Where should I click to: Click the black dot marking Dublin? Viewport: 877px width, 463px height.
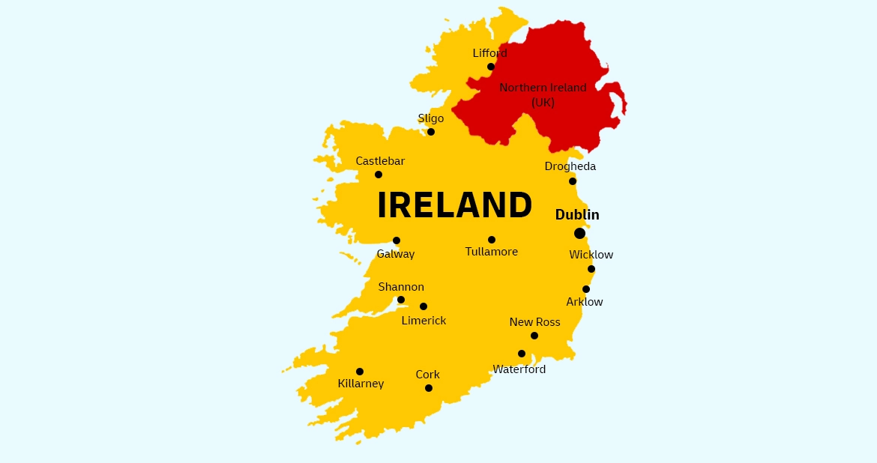(x=579, y=233)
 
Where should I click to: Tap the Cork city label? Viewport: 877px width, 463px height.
(x=428, y=375)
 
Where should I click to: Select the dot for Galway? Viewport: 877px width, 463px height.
(x=397, y=240)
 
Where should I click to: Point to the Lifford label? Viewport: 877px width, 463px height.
(x=489, y=53)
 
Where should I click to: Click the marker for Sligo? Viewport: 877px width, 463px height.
(x=431, y=132)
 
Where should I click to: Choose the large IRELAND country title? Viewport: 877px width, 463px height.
(x=454, y=205)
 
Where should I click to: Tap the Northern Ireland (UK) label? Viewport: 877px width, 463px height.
(x=543, y=95)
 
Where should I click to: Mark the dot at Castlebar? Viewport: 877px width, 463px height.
(x=379, y=175)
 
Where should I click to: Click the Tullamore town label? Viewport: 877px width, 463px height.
(x=492, y=252)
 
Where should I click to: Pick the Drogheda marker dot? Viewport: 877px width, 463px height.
(x=573, y=181)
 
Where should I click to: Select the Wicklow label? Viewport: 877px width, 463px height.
(x=591, y=255)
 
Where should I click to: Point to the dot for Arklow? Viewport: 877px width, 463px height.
(x=586, y=289)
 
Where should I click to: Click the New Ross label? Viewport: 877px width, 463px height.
(x=534, y=322)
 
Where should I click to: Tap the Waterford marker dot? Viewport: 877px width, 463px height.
(x=522, y=354)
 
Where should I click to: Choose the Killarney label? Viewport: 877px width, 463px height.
(x=361, y=384)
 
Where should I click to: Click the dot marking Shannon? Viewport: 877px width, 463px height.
(x=401, y=300)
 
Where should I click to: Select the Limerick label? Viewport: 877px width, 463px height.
(x=424, y=321)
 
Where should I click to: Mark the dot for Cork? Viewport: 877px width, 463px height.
(x=429, y=388)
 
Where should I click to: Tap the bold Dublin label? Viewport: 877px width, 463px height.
(x=577, y=215)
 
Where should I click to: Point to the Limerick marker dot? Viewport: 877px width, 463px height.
(x=424, y=306)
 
